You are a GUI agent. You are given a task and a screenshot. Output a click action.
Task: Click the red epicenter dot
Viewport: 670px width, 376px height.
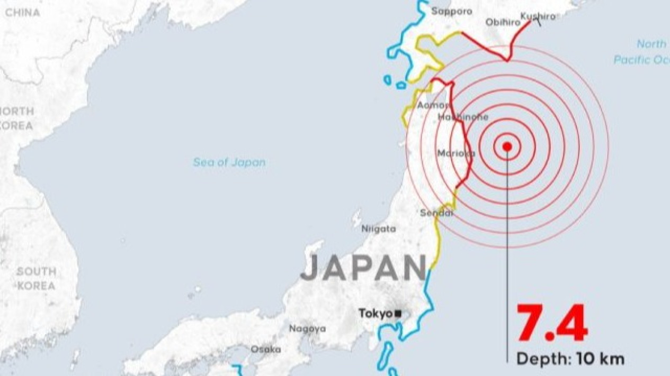pos(507,146)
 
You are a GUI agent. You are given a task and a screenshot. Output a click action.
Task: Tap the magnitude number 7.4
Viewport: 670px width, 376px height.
pos(552,324)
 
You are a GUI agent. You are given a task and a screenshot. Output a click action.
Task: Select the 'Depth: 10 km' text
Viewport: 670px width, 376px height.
pos(570,359)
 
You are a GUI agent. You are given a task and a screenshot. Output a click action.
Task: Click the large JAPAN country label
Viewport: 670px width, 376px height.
pos(363,268)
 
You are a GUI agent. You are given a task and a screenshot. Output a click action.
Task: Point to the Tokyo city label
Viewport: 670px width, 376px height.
pos(376,314)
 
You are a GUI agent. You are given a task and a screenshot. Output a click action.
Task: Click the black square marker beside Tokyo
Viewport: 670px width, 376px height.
pos(398,314)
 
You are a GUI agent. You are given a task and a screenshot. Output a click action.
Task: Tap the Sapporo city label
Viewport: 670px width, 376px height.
pos(452,11)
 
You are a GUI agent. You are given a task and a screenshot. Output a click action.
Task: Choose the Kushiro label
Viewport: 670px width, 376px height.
pos(538,16)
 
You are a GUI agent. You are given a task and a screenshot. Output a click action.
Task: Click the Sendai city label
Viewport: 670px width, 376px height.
pos(437,213)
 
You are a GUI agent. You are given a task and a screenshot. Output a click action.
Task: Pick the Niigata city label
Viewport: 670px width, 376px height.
pos(378,229)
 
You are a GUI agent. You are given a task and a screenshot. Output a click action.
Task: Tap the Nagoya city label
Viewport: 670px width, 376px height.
pos(307,329)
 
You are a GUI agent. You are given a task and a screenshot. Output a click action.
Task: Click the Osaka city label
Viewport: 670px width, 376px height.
pos(266,350)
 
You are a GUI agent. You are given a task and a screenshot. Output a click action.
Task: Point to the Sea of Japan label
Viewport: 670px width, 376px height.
pos(229,162)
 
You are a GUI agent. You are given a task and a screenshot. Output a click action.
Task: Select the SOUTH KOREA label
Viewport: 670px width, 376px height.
pos(36,279)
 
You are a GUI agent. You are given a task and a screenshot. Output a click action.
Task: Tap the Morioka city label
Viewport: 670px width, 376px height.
pos(456,153)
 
